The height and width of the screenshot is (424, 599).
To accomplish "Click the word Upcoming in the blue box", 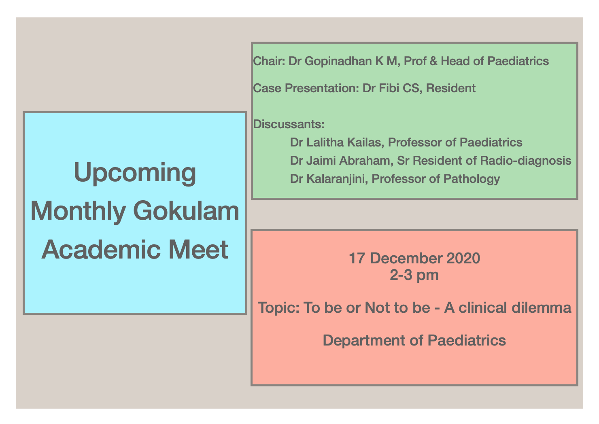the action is click(135, 173).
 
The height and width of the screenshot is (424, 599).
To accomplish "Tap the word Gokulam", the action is click(186, 211).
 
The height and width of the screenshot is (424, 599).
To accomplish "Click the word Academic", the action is click(101, 250).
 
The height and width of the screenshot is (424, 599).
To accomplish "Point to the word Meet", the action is click(198, 250).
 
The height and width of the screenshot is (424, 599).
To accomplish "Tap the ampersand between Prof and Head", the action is click(434, 61).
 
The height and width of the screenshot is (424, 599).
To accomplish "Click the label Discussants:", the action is click(289, 124).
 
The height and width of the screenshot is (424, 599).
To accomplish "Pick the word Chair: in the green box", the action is click(269, 61).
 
